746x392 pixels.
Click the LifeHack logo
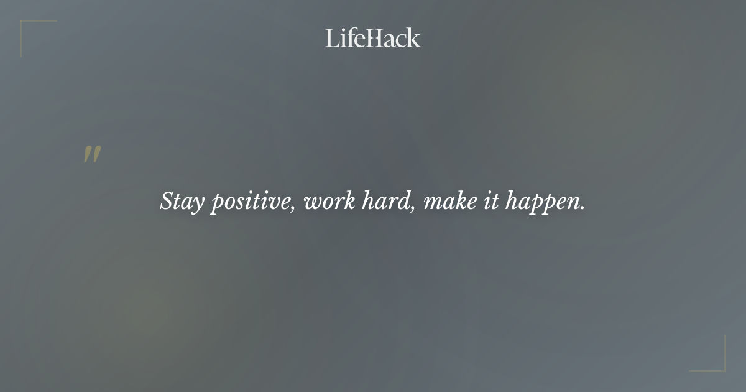coord(372,38)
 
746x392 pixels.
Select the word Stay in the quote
coord(181,202)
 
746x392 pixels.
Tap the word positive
coord(249,202)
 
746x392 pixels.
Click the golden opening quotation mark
coord(92,155)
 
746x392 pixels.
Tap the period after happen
coord(583,208)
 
